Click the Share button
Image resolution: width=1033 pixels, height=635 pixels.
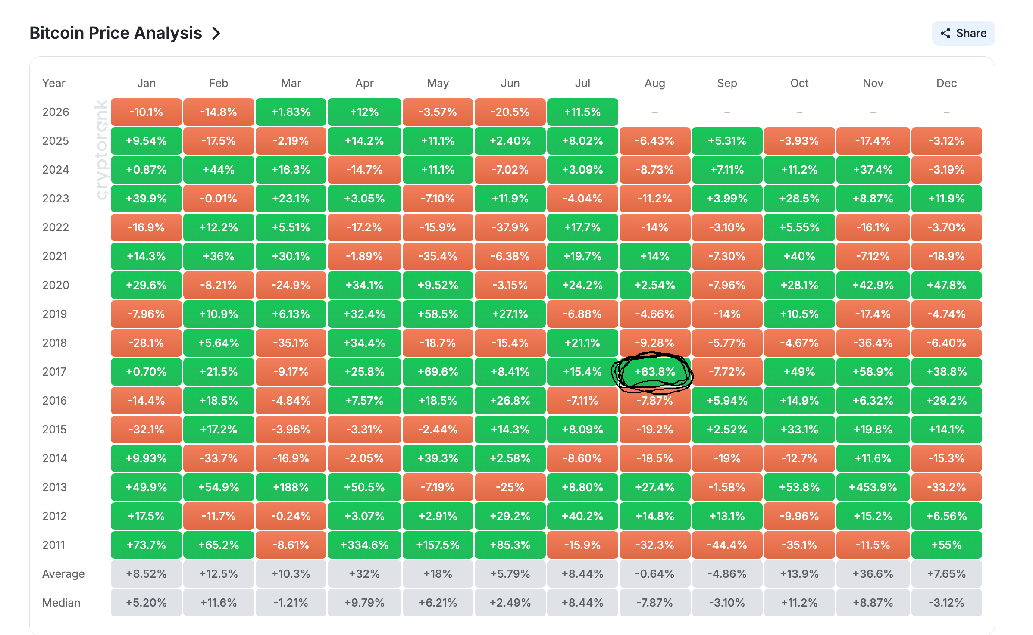click(x=963, y=33)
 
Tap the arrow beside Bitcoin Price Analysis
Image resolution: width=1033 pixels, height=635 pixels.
click(x=216, y=33)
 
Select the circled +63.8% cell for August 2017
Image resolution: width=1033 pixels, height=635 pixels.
click(x=654, y=372)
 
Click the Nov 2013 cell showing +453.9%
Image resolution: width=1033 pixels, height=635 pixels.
click(x=873, y=487)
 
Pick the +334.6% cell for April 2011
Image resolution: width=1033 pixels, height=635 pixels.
click(x=364, y=545)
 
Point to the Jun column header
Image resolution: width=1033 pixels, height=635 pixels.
click(x=510, y=83)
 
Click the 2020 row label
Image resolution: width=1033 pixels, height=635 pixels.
click(x=56, y=285)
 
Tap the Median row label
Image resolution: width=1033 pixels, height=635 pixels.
click(x=61, y=603)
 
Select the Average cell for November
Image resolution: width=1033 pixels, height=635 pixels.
click(x=873, y=574)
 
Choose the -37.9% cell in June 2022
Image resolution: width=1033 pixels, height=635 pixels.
click(x=510, y=227)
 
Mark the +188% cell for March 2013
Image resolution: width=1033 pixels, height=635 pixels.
click(x=291, y=487)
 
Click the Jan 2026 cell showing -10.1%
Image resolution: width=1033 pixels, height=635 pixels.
click(x=146, y=112)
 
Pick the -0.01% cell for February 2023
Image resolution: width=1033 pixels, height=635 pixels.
click(x=219, y=199)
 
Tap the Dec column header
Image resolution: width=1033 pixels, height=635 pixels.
click(x=946, y=83)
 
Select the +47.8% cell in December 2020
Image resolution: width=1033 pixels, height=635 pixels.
click(x=946, y=285)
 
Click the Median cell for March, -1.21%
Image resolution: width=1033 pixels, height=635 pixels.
click(x=291, y=603)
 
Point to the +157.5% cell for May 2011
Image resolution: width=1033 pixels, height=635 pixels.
click(x=438, y=545)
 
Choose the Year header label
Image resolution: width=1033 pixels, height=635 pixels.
click(x=54, y=83)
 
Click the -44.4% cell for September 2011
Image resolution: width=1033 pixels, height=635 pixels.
click(x=727, y=545)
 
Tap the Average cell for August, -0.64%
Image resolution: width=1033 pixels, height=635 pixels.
click(x=654, y=574)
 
